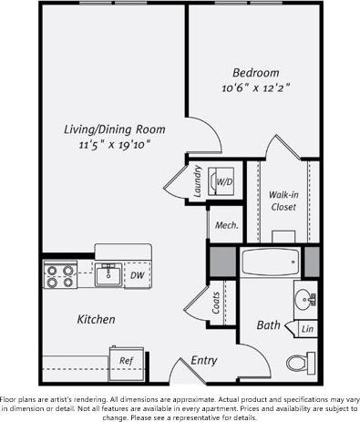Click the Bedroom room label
255,73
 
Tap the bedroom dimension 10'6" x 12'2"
255,89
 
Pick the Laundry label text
198,180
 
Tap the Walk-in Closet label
283,200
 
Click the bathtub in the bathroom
271,262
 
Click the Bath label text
268,324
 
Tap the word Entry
203,361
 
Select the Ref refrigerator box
127,360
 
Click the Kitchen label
96,319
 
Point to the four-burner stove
61,275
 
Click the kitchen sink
108,273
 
